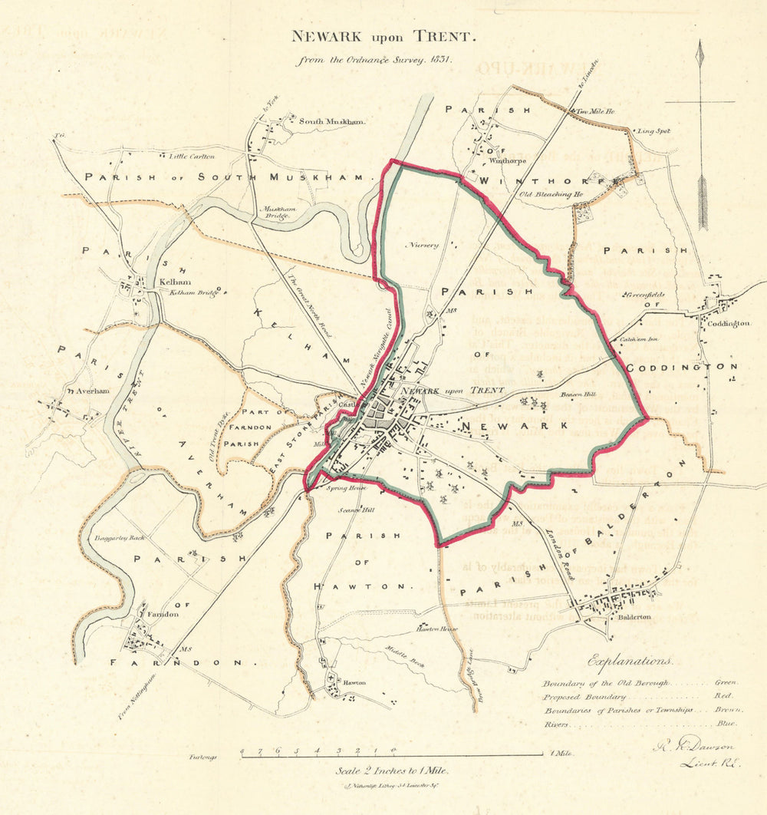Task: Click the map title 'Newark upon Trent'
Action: (383, 36)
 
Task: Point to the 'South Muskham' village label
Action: (331, 121)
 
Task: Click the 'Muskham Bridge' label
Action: (278, 212)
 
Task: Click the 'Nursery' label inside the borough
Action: (425, 245)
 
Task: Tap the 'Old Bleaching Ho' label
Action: (551, 195)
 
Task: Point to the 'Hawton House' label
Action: (436, 629)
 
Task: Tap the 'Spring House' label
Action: (343, 488)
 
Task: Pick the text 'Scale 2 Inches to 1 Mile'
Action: (392, 770)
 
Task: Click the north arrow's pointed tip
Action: (699, 43)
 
